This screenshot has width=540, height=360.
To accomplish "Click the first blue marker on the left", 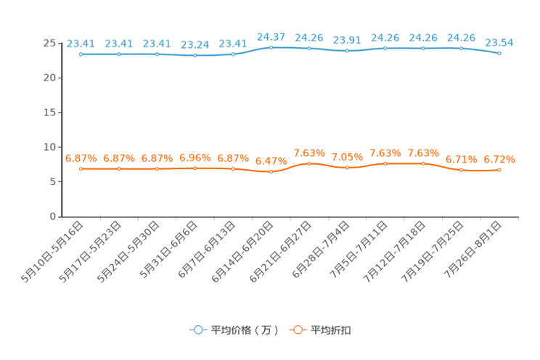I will [81, 54].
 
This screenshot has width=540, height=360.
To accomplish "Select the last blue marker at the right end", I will [499, 53].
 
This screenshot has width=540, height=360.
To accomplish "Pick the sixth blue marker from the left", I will [271, 47].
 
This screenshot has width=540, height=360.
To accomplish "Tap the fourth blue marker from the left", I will [195, 55].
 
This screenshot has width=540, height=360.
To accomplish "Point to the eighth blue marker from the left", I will [347, 51].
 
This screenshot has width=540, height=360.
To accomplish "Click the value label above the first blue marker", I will [81, 43].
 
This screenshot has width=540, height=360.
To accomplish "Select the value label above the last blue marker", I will [499, 42].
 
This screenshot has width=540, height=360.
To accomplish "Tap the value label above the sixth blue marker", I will [271, 36].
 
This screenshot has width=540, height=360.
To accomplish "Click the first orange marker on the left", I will [81, 168].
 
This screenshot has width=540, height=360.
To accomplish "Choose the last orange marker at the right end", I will [499, 170].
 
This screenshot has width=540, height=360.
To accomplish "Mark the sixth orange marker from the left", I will [271, 171].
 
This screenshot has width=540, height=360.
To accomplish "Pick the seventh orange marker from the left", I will [309, 163].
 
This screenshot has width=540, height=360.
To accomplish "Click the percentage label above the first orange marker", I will [81, 157].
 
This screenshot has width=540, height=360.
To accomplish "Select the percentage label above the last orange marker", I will [499, 159].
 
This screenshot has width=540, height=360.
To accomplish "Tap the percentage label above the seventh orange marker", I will [309, 152].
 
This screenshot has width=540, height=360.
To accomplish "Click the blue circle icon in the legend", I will [197, 330].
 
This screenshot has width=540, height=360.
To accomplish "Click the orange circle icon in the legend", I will [297, 330].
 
